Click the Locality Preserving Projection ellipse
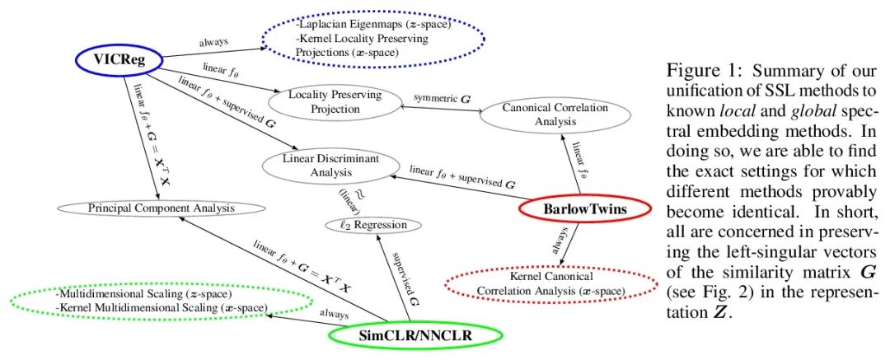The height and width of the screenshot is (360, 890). pyautogui.click(x=335, y=101)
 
